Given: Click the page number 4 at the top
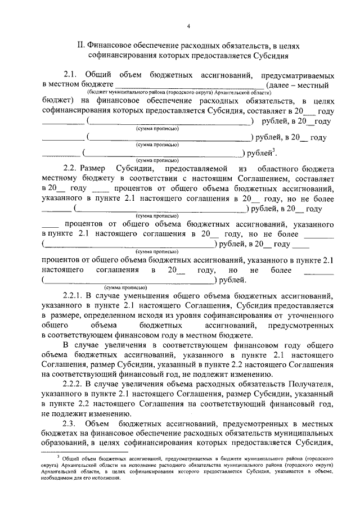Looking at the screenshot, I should click(188, 26).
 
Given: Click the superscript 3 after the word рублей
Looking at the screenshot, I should click(273, 149).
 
